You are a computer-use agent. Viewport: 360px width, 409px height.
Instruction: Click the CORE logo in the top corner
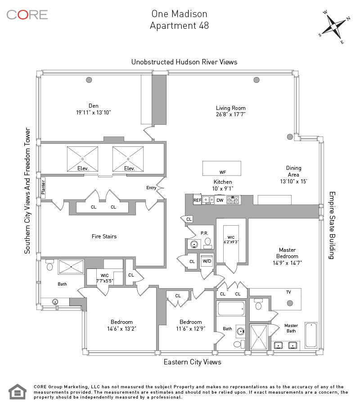(x=27, y=14)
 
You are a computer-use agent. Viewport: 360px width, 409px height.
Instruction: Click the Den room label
(x=94, y=106)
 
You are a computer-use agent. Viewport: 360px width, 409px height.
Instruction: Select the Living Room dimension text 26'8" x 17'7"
(x=231, y=114)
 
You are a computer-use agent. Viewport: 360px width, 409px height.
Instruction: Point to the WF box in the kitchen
(x=222, y=172)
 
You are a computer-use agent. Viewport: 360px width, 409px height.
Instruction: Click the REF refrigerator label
(x=197, y=200)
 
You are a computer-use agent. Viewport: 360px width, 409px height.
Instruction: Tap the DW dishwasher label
(x=220, y=200)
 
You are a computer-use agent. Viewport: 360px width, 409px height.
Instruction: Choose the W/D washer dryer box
(x=207, y=261)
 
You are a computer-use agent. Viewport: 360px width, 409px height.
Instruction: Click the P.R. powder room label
(x=204, y=233)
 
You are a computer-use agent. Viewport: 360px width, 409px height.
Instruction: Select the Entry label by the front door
(x=151, y=188)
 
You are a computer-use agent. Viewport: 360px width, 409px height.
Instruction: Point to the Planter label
(x=44, y=186)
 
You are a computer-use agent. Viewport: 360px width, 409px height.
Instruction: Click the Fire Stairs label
(x=104, y=236)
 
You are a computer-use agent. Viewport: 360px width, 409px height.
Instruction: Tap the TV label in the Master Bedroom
(x=288, y=292)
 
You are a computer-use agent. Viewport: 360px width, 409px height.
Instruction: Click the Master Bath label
(x=291, y=328)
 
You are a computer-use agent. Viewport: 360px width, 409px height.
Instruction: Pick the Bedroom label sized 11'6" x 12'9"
(x=190, y=322)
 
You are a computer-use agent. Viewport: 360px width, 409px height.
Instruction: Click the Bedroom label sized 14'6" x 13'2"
(x=121, y=322)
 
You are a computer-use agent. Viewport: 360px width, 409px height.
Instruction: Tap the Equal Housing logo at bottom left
(x=17, y=391)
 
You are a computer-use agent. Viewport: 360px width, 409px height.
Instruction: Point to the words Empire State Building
(x=332, y=225)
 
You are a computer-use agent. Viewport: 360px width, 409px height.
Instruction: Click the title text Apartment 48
(x=179, y=26)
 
